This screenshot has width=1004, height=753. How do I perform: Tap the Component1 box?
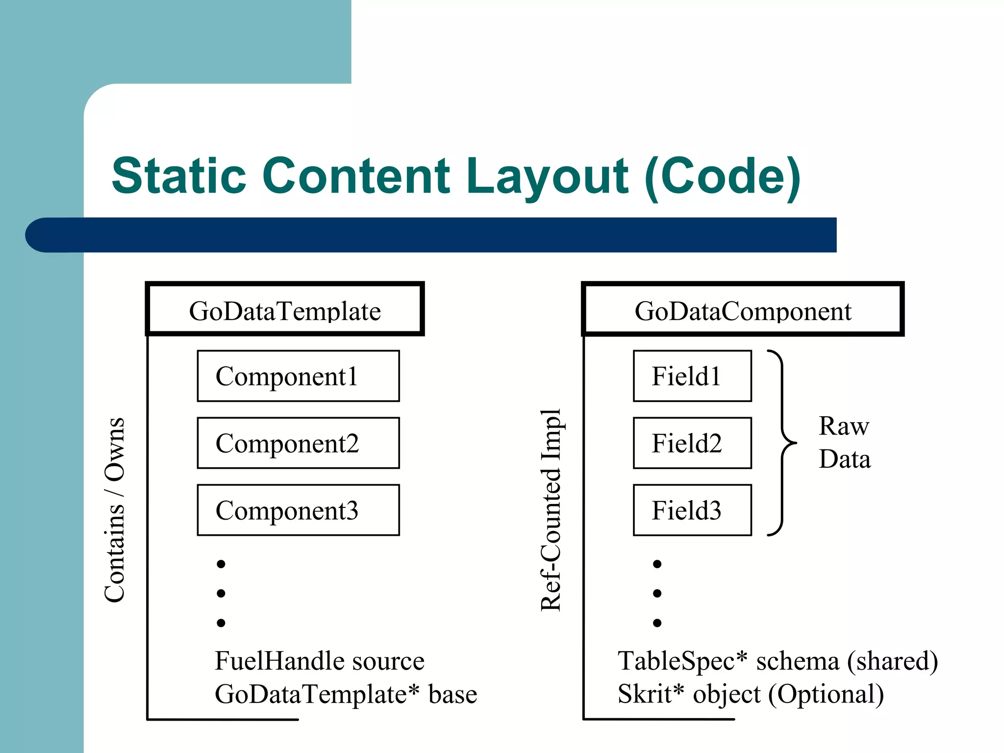298,376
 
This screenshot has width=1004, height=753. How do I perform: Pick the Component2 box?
298,443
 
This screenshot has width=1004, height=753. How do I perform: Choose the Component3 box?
298,510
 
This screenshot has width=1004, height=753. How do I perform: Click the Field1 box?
692,376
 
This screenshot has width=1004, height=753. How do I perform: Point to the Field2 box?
692,443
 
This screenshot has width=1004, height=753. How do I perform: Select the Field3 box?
692,510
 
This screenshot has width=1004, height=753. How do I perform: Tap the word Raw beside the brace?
844,426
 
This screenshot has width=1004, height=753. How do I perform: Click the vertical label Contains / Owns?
115,510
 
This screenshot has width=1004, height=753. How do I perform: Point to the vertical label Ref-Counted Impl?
551,510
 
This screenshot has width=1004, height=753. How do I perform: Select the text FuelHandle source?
319,661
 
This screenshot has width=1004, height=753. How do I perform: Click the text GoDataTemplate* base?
346,694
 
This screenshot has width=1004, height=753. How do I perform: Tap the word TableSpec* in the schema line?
682,661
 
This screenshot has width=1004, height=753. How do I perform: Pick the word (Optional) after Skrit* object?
826,694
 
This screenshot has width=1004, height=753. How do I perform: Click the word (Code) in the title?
722,176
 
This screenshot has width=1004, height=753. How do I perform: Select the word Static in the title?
179,176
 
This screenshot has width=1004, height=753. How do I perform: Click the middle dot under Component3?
221,594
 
